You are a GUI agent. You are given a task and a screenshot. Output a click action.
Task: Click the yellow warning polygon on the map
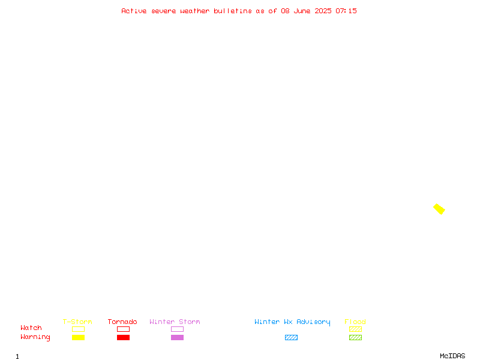(x=439, y=209)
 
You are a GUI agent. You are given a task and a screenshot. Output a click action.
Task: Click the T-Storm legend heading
(x=77, y=322)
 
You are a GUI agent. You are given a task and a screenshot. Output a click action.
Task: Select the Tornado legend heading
(x=122, y=322)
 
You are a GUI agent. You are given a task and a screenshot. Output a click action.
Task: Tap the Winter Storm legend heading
(x=175, y=322)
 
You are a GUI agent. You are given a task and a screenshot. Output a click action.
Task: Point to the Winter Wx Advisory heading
(x=292, y=322)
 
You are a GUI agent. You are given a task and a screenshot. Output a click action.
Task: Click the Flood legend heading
(x=355, y=322)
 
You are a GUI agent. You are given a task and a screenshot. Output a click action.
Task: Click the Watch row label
(x=31, y=328)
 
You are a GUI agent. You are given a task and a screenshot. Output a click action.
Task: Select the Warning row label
(x=35, y=337)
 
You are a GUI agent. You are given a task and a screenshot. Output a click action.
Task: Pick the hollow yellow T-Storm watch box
(x=79, y=329)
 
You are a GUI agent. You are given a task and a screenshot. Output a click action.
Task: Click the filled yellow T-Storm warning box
(x=79, y=337)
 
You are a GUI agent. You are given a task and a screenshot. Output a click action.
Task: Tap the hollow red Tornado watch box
(x=124, y=329)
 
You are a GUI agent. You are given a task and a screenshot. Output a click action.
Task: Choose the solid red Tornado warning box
(x=124, y=337)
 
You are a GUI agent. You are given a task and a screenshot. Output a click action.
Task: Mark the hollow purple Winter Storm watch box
(x=177, y=329)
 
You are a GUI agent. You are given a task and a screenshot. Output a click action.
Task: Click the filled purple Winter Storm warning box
(x=177, y=337)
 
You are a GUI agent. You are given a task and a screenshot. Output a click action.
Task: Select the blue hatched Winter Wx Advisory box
(x=291, y=337)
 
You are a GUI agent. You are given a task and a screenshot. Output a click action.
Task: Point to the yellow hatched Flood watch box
(x=355, y=329)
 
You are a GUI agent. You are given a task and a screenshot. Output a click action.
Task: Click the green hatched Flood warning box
(x=355, y=337)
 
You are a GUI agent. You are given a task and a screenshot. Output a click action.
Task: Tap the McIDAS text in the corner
(x=452, y=356)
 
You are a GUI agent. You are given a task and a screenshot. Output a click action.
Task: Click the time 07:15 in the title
(x=346, y=11)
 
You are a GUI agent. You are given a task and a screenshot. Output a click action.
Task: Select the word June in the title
(x=302, y=11)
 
